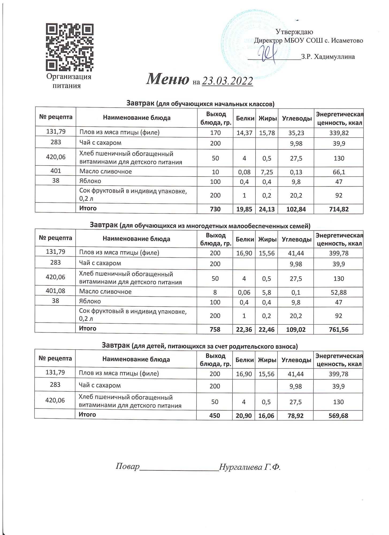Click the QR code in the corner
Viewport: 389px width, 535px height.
pos(70,48)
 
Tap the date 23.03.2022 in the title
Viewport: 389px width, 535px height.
pos(227,81)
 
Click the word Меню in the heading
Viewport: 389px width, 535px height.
pos(167,79)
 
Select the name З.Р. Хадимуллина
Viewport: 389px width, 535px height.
pos(328,57)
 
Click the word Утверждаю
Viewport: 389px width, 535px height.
pos(294,32)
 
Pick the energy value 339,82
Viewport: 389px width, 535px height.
pos(339,133)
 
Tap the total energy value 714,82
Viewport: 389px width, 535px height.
pos(339,209)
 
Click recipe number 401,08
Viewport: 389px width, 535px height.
pos(55,291)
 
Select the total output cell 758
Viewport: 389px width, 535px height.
pos(215,329)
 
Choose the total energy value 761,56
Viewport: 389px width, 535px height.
pos(338,329)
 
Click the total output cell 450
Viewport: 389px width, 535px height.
pos(215,415)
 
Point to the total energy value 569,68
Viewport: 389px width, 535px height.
pos(338,415)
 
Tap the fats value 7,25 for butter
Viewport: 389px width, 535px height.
pos(267,172)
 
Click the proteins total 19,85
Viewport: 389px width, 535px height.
pos(245,209)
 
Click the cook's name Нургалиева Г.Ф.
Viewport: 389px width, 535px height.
pos(250,467)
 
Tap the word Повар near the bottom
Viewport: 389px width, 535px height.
pos(128,467)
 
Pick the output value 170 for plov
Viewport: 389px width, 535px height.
pos(215,133)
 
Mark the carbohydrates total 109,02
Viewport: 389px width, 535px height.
pos(296,329)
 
